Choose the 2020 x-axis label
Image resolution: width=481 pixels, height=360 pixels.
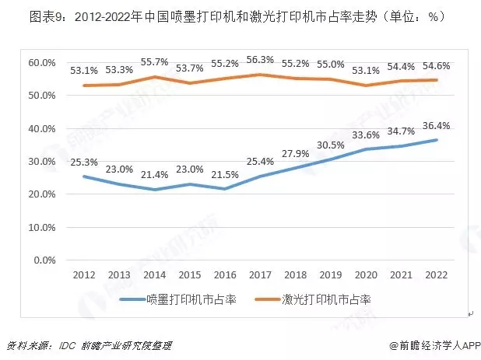pyautogui.click(x=366, y=275)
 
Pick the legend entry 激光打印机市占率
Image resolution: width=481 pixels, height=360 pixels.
pyautogui.click(x=325, y=299)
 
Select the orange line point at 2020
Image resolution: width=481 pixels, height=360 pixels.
pyautogui.click(x=366, y=85)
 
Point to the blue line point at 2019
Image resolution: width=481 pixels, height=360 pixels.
pyautogui.click(x=330, y=159)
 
